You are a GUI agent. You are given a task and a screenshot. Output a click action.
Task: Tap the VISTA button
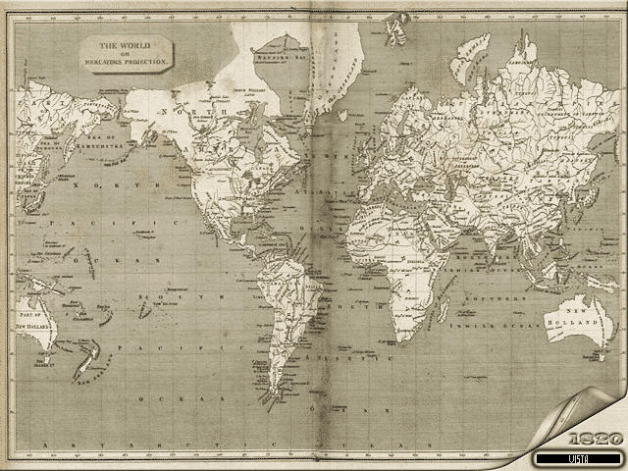pos(579,458)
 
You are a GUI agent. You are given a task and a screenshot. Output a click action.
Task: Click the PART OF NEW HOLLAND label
pos(33,317)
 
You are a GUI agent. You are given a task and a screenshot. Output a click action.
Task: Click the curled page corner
pos(579,412)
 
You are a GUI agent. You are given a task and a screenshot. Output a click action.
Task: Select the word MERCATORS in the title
pos(111,61)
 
